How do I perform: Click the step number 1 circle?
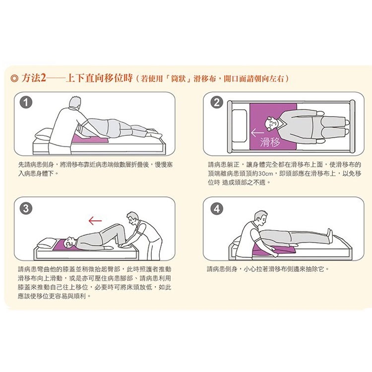(x=26, y=103)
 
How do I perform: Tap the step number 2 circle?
(x=217, y=103)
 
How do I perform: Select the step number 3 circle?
(x=26, y=208)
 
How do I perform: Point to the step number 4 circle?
(x=217, y=209)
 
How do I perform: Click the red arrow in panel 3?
(x=95, y=221)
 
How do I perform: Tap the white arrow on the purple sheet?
(x=257, y=132)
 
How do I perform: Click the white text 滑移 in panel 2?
(x=270, y=142)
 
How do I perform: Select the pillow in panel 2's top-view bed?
(x=240, y=126)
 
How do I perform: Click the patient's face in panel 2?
(x=273, y=124)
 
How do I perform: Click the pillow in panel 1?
(x=44, y=135)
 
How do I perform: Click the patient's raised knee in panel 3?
(x=118, y=227)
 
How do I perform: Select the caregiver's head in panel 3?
(x=132, y=218)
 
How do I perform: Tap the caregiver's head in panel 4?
(x=260, y=218)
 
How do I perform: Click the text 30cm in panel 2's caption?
(x=266, y=174)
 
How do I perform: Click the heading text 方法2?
(x=34, y=78)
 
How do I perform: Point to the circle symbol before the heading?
(x=15, y=78)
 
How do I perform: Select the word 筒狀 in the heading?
(x=178, y=78)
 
